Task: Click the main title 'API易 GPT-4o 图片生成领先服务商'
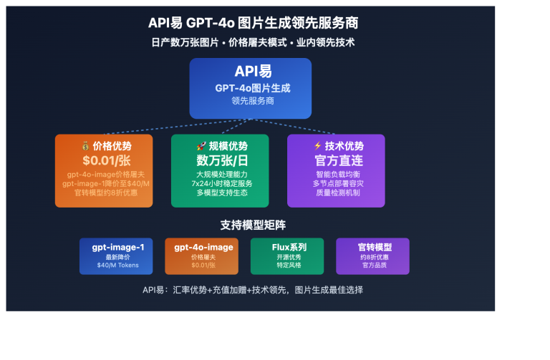click(x=253, y=23)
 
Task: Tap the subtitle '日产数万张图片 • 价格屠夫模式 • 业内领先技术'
click(x=253, y=42)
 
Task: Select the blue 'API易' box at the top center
click(x=250, y=88)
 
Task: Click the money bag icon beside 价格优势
click(x=85, y=146)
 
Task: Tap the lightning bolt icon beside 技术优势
click(x=317, y=146)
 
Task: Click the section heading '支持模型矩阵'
click(x=253, y=225)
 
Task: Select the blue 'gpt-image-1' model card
click(x=117, y=256)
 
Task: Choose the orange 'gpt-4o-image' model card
click(x=203, y=256)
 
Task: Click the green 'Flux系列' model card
click(x=287, y=256)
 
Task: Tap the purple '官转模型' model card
click(x=373, y=256)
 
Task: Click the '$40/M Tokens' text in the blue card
click(x=118, y=266)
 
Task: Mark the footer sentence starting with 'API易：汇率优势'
click(x=253, y=290)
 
